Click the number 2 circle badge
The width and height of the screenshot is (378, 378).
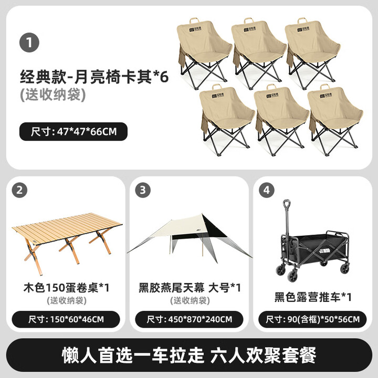click(x=20, y=191)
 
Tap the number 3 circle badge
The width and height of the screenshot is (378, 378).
click(x=143, y=191)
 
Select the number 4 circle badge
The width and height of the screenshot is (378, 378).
click(x=266, y=191)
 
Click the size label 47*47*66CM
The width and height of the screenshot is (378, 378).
click(x=73, y=131)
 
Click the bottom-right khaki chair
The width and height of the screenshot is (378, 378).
click(x=335, y=118)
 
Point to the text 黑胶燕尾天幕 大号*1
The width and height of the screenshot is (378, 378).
click(x=190, y=288)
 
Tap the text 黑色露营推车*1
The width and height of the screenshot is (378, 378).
click(x=312, y=297)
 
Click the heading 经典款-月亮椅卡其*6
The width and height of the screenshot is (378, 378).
click(x=94, y=78)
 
